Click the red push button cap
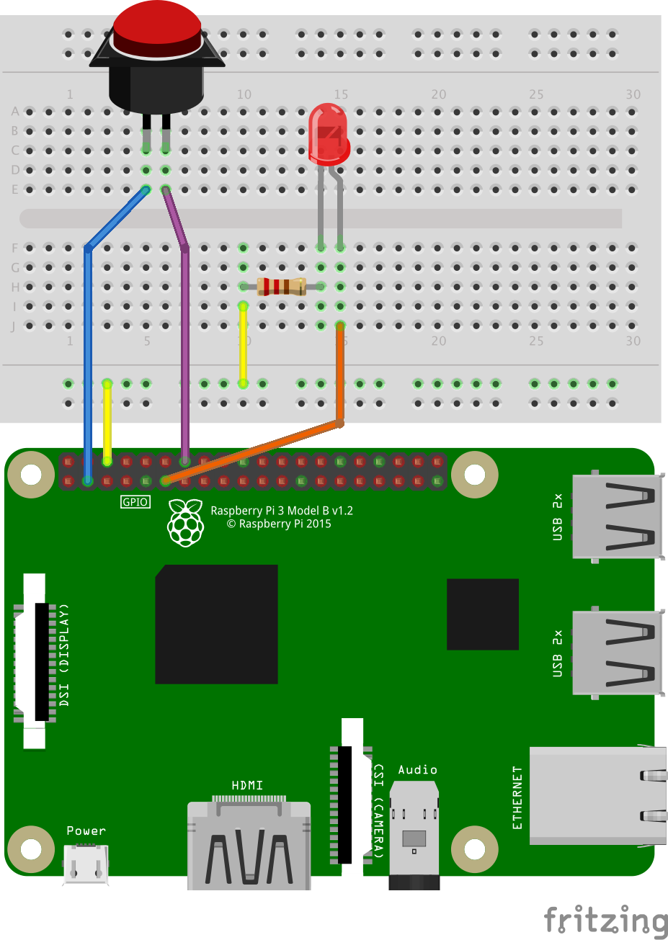(x=157, y=25)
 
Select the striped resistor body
(x=282, y=287)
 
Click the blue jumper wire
(x=88, y=346)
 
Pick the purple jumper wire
(x=185, y=346)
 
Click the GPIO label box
(x=135, y=502)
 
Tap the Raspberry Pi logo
(x=185, y=522)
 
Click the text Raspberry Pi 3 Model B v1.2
(x=281, y=511)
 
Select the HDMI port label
(x=247, y=785)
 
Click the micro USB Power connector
(x=86, y=864)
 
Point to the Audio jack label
(x=417, y=770)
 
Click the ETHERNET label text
(x=517, y=797)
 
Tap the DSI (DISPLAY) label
(x=65, y=654)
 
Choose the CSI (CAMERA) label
(x=378, y=810)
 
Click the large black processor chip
(x=216, y=624)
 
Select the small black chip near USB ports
(x=482, y=614)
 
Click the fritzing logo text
(x=605, y=921)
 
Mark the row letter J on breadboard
(x=13, y=326)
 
